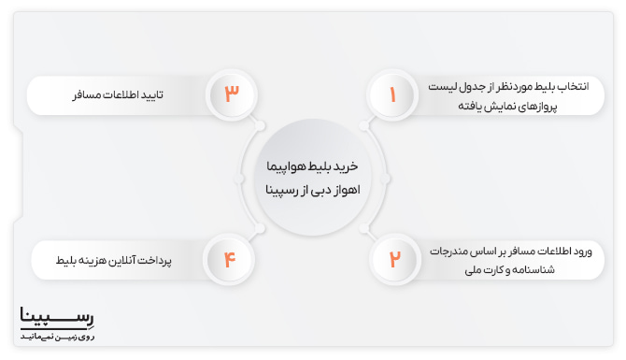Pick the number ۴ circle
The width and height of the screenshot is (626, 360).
coord(232,259)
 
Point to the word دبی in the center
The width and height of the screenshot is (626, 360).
coord(323,190)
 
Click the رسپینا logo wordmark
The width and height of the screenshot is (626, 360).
coord(57,317)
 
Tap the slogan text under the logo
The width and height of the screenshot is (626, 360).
coord(57,334)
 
